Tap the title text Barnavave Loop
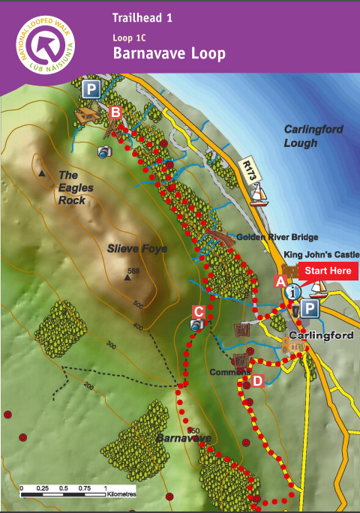coord(168,54)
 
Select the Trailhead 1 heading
coord(142,17)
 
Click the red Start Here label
coord(328,271)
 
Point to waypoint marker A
coord(280,282)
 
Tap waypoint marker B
coord(115,112)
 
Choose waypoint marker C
coord(198,311)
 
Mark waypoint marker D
coord(257,381)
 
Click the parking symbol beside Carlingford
coord(310,308)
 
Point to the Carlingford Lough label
coord(313,136)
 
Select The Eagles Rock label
coord(76,187)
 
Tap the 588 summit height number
coord(134,271)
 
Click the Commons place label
coord(225,371)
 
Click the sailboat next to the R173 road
coord(259,196)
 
